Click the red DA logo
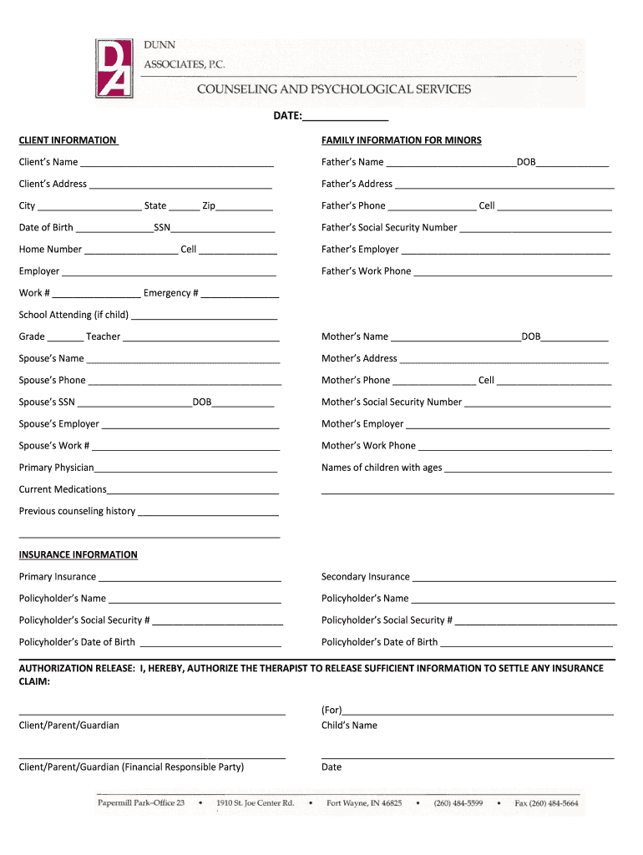pos(114,69)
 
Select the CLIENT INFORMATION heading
pos(68,140)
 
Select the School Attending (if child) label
pos(73,315)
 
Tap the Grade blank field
pos(65,338)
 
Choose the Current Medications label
pos(63,489)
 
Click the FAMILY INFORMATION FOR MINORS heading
pos(402,140)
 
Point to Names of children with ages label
pos(382,468)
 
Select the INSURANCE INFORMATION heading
pos(78,554)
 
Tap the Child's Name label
pos(349,726)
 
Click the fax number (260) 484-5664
pos(546,803)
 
